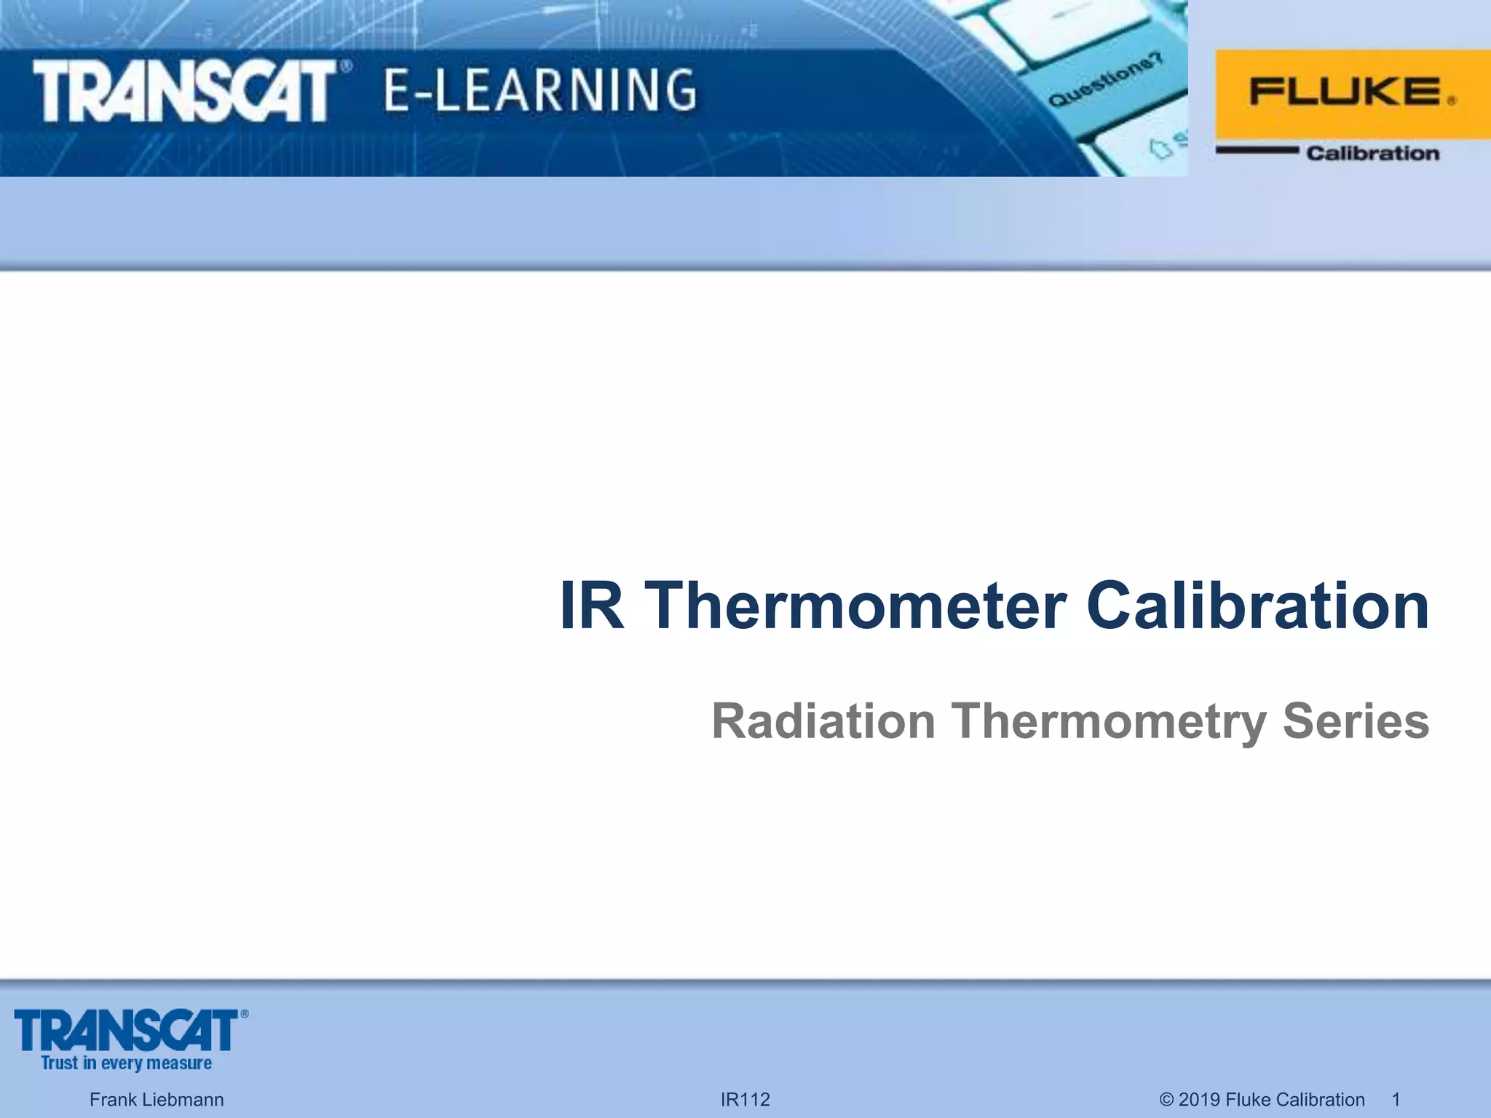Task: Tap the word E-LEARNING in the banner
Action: [539, 90]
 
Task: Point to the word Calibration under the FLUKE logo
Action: [1372, 153]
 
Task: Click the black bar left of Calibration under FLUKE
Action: [1257, 151]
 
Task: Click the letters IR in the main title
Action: [591, 606]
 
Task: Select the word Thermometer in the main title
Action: [856, 606]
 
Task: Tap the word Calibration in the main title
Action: [1257, 606]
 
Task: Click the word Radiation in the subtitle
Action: [823, 721]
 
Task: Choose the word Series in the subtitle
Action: [1356, 721]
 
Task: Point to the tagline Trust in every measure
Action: [126, 1063]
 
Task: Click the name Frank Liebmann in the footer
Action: [157, 1099]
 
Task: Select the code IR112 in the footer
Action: [745, 1099]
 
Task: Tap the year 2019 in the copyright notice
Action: [1199, 1099]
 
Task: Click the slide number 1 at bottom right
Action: [1396, 1099]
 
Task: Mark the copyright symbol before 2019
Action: [1166, 1099]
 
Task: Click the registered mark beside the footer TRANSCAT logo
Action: [245, 1014]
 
